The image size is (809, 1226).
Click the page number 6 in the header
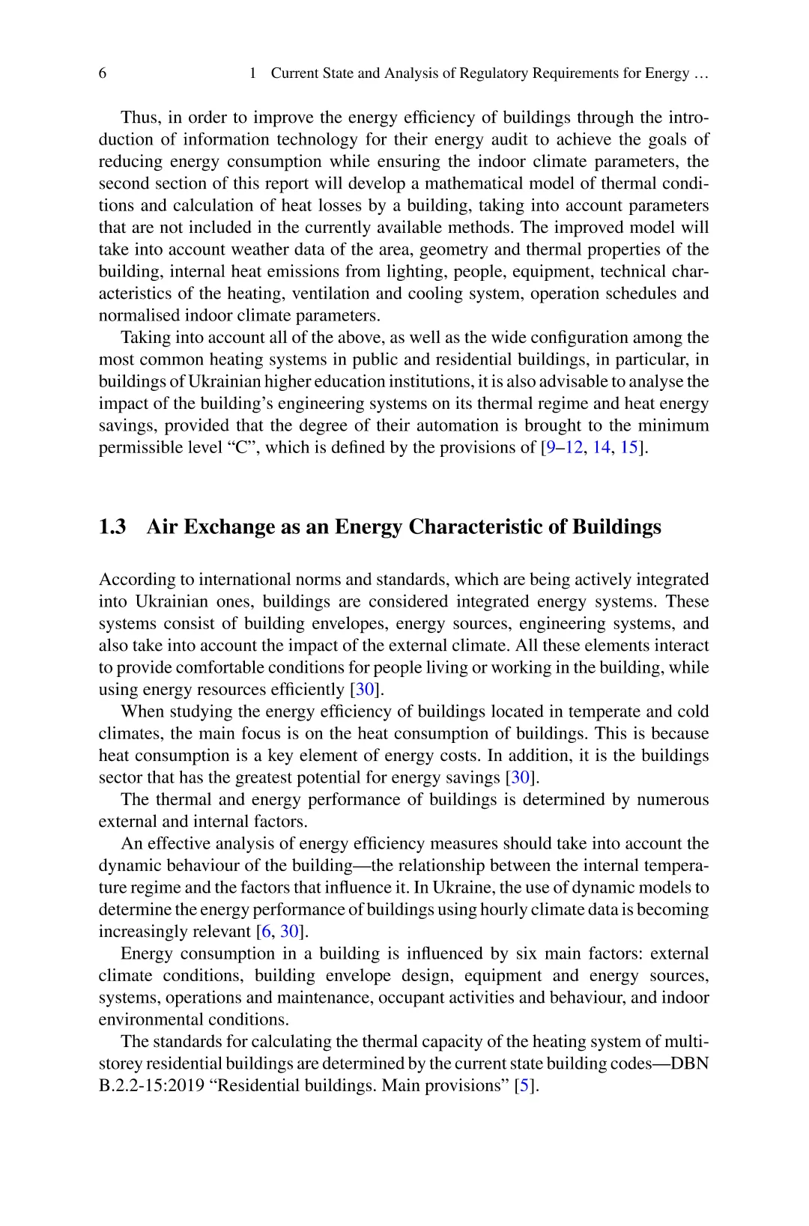pyautogui.click(x=103, y=73)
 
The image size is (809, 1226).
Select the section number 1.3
pyautogui.click(x=112, y=527)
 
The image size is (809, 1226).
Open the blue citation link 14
pyautogui.click(x=601, y=448)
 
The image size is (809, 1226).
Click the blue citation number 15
pyautogui.click(x=628, y=448)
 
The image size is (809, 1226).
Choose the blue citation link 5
pyautogui.click(x=526, y=1086)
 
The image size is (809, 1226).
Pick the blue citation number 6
pyautogui.click(x=265, y=932)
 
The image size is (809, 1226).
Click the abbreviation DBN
pyautogui.click(x=690, y=1064)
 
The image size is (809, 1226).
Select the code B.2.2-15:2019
pyautogui.click(x=152, y=1086)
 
